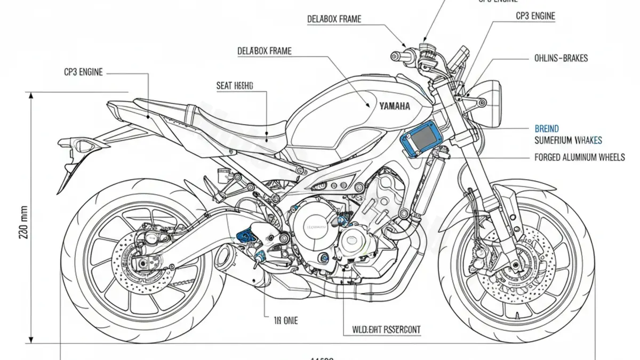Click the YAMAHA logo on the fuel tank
(395, 106)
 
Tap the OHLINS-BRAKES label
(561, 58)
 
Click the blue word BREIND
(547, 129)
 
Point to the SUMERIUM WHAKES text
(568, 140)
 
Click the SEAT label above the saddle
(235, 85)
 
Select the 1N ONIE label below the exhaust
(286, 321)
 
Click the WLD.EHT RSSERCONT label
(386, 330)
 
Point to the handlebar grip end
(395, 55)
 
